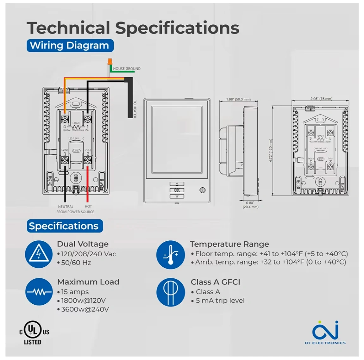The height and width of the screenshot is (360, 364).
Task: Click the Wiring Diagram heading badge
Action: point(70,46)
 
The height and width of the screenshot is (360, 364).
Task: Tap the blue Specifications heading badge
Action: point(64,226)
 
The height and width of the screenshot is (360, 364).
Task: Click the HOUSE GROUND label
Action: point(127,69)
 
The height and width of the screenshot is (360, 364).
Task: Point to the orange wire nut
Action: point(110,60)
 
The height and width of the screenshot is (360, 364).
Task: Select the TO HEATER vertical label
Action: point(135,109)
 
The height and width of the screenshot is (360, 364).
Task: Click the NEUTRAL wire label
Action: point(66,207)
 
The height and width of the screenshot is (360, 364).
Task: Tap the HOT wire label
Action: point(88,207)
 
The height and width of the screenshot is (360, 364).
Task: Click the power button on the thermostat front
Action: point(203,190)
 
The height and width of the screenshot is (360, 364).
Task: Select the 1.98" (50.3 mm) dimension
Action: point(238,99)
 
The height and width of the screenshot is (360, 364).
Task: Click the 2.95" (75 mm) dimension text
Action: point(321,99)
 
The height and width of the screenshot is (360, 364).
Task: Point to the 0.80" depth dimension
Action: point(250,205)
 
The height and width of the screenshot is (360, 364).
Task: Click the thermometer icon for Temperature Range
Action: point(170,254)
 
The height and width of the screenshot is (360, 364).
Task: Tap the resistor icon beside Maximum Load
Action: point(39,292)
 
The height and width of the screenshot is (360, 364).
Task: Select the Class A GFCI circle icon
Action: point(170,292)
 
